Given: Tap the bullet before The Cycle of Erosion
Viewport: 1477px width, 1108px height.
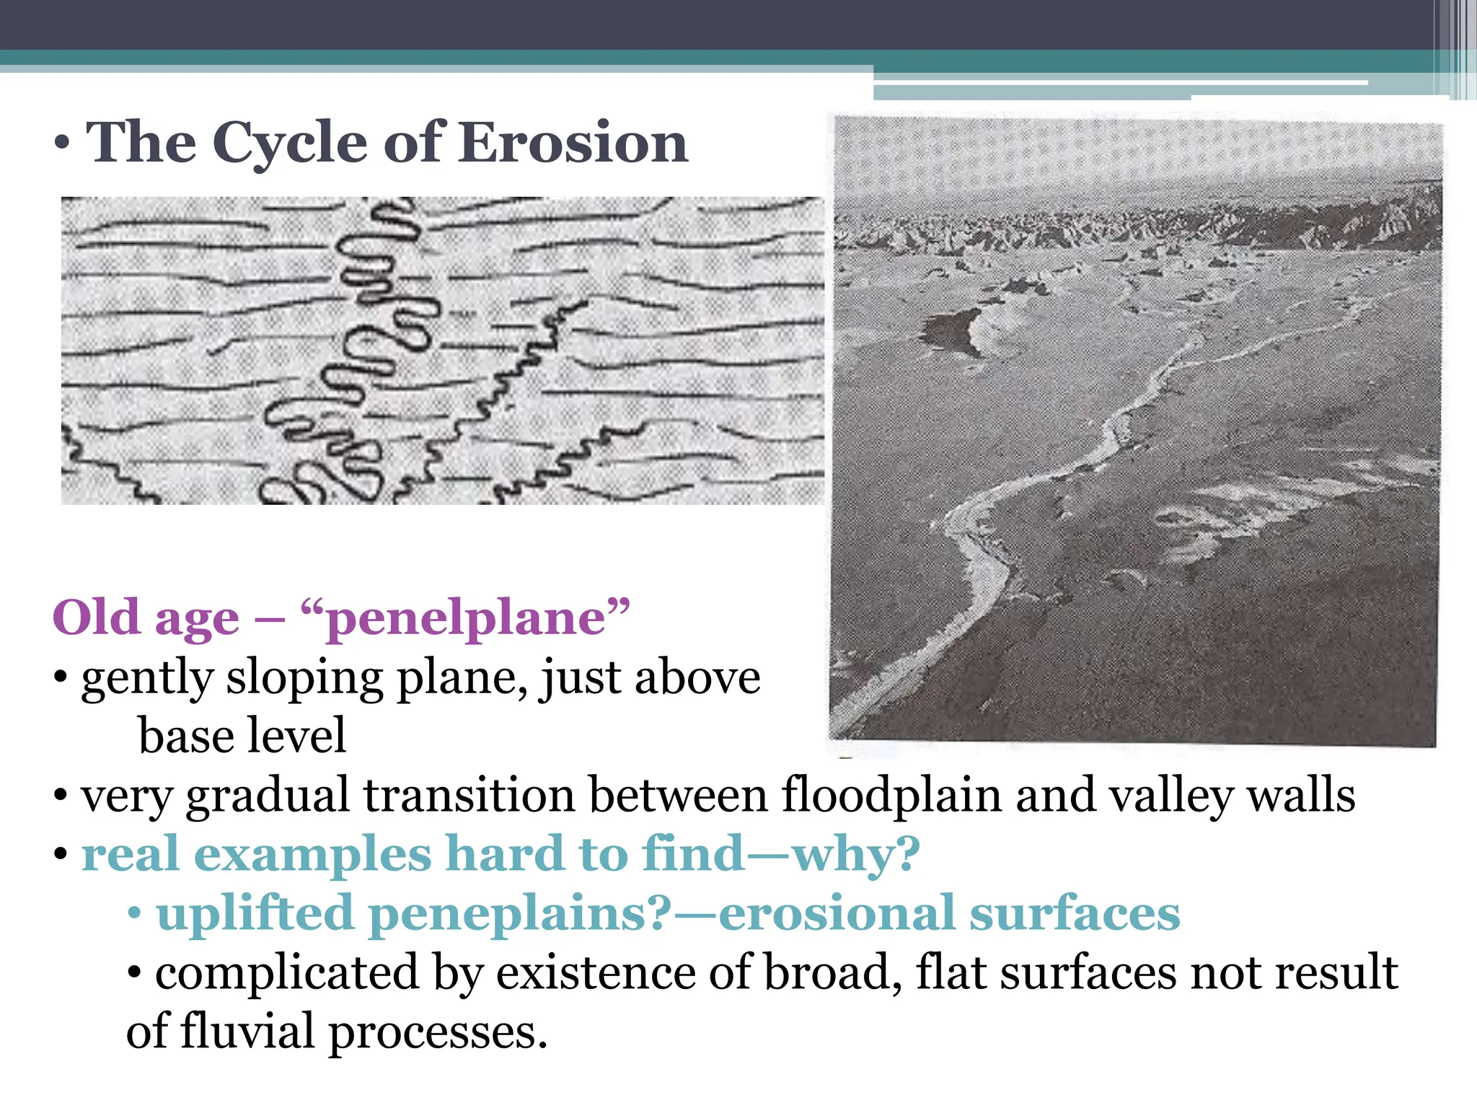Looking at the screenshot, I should point(62,143).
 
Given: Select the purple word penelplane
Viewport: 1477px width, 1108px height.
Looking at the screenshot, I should point(465,618).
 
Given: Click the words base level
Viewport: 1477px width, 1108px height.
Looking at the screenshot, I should point(242,736).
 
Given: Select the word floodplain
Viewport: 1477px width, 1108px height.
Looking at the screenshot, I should point(891,795).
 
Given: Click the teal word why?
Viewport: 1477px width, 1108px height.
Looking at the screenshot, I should point(855,854).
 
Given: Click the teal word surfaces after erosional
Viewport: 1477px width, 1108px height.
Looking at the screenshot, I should point(1074,913).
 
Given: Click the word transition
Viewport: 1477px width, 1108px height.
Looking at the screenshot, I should point(469,795).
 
